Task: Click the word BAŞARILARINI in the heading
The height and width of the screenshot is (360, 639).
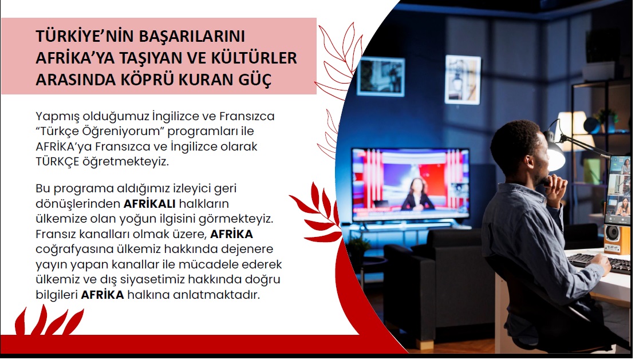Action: (192, 36)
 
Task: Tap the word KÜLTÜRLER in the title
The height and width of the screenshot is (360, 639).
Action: (254, 58)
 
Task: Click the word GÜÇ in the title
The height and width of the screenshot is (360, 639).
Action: (255, 80)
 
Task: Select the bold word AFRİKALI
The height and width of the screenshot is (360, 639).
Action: (149, 204)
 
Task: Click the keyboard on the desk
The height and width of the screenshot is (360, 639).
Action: (598, 263)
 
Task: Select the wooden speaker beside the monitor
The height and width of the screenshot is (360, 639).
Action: (617, 239)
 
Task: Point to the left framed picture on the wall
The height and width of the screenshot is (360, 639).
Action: (381, 77)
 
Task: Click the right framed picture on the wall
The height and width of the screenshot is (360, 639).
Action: (463, 80)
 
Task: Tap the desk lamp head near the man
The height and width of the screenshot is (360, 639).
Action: (554, 152)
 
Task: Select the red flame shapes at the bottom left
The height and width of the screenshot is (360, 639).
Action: (48, 321)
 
